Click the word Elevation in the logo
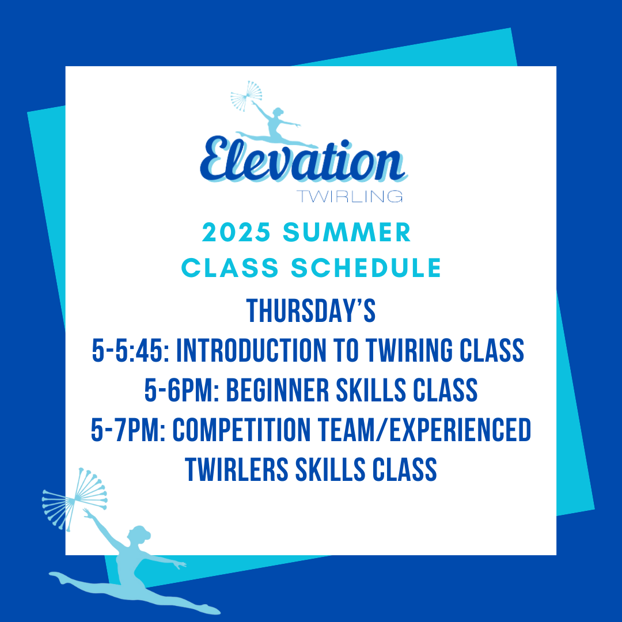tap(304, 160)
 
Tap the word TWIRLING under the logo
tap(350, 196)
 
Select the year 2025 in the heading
tap(237, 232)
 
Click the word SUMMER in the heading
tap(347, 232)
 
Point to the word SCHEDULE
tap(366, 268)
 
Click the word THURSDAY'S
tap(311, 310)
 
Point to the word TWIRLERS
tap(237, 470)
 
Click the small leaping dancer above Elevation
tap(276, 126)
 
